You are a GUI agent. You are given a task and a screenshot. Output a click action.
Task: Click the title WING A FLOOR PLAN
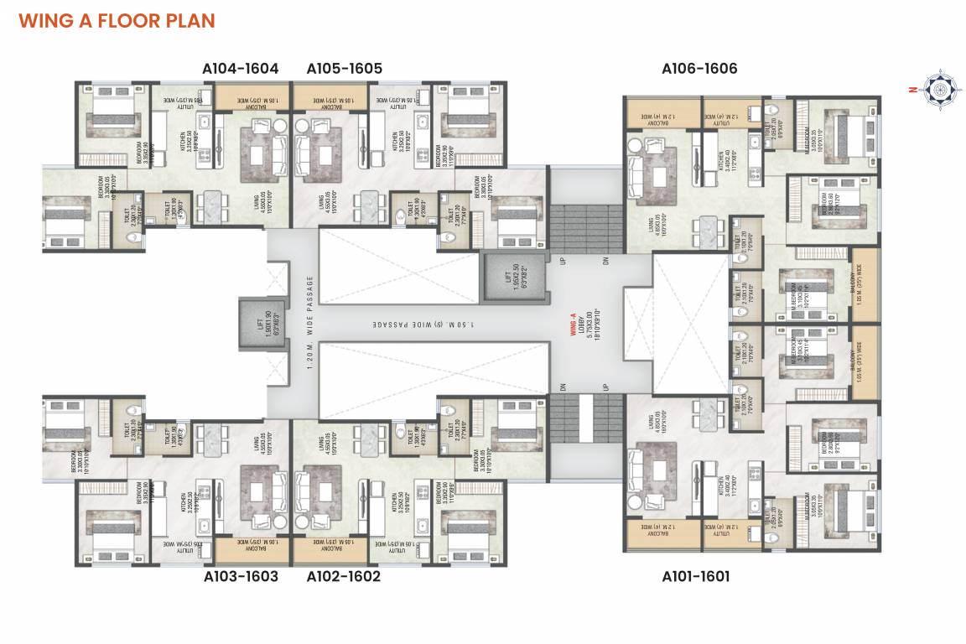point(117,20)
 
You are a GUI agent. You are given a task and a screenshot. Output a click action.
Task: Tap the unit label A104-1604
point(241,69)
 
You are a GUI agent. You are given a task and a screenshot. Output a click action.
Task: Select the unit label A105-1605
point(344,69)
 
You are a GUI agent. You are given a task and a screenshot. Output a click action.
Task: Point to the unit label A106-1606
point(699,69)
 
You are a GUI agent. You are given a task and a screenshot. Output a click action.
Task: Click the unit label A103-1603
point(241,577)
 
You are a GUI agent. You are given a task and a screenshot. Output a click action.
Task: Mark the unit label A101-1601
point(695,577)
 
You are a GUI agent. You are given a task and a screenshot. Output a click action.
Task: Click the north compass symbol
point(937,87)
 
